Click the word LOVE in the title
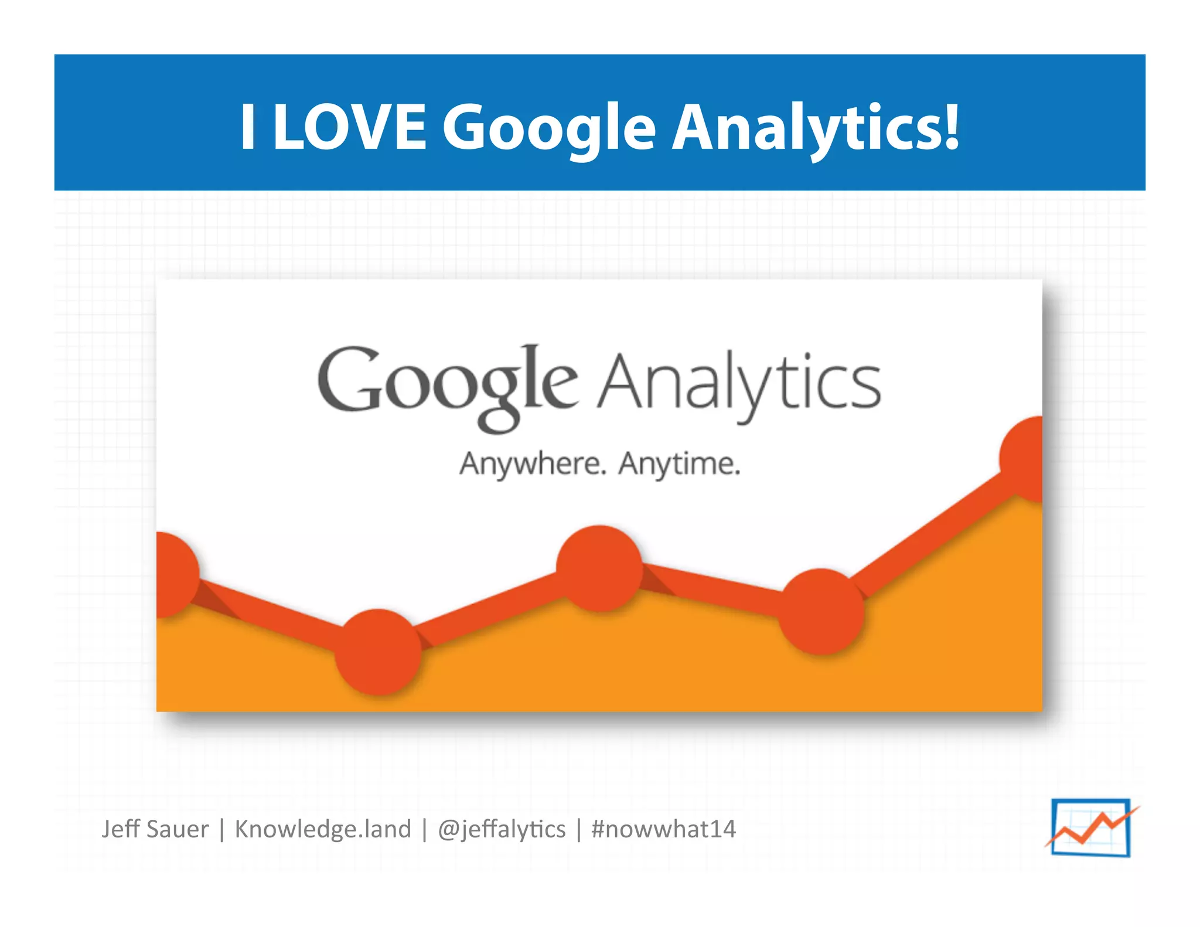coord(349,126)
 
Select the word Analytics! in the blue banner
coord(815,127)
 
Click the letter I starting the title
coord(248,126)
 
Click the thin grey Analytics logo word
coord(739,384)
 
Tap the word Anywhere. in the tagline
coord(531,464)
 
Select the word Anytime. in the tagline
coord(680,464)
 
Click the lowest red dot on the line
coord(379,652)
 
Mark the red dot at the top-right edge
coord(1023,459)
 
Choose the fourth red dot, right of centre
coord(821,611)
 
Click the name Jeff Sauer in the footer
coord(155,829)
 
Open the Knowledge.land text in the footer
coord(323,829)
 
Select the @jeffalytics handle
coord(502,829)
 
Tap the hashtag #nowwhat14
coord(663,829)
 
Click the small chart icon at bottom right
coord(1091,827)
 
